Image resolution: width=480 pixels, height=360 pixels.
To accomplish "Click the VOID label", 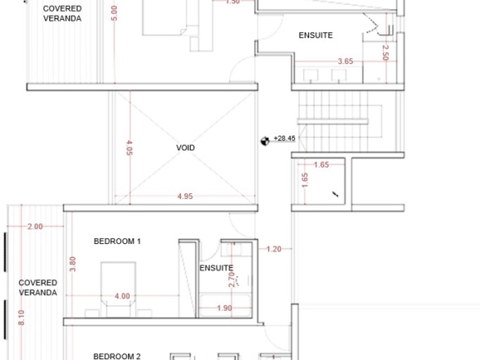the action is pyautogui.click(x=186, y=148).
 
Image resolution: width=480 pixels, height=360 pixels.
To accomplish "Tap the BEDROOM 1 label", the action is pyautogui.click(x=118, y=241).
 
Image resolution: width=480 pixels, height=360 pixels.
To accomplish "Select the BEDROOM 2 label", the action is pyautogui.click(x=117, y=357).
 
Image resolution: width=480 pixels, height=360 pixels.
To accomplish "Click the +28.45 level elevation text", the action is pyautogui.click(x=284, y=138).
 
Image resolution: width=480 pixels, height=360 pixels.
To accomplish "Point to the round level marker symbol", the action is pyautogui.click(x=265, y=141).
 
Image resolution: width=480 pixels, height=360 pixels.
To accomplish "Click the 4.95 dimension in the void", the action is pyautogui.click(x=185, y=196).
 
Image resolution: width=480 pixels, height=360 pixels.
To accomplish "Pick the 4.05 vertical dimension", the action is pyautogui.click(x=129, y=148).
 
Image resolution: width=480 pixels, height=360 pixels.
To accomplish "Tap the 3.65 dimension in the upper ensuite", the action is pyautogui.click(x=345, y=61).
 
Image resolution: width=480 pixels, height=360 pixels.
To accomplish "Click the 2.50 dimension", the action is pyautogui.click(x=385, y=53).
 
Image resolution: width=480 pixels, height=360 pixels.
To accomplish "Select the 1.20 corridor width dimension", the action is pyautogui.click(x=274, y=249).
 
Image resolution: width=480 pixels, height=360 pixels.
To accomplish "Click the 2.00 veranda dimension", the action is pyautogui.click(x=35, y=227).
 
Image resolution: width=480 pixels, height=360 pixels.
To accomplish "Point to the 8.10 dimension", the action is pyautogui.click(x=21, y=317).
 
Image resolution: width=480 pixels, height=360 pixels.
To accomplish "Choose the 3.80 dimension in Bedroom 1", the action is pyautogui.click(x=72, y=264).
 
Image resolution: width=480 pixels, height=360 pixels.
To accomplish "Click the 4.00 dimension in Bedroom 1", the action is pyautogui.click(x=122, y=296).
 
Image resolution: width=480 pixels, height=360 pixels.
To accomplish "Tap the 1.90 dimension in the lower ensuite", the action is pyautogui.click(x=224, y=308).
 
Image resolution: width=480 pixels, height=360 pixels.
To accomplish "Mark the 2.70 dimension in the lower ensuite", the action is pyautogui.click(x=232, y=279).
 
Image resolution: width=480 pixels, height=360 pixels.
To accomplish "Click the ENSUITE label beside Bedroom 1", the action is pyautogui.click(x=216, y=268).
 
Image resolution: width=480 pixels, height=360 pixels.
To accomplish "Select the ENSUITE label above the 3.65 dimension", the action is pyautogui.click(x=316, y=35).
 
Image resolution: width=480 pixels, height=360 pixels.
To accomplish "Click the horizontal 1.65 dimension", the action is pyautogui.click(x=321, y=164).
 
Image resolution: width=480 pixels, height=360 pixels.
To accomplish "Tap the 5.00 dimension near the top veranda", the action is pyautogui.click(x=114, y=13).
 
